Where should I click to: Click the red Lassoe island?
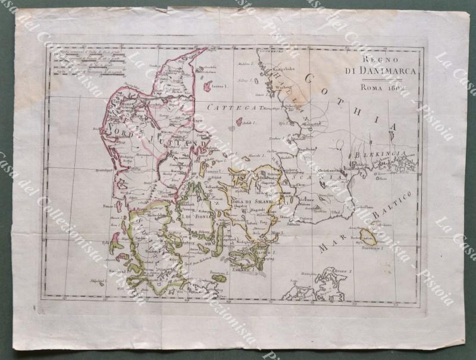click(x=208, y=86)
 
